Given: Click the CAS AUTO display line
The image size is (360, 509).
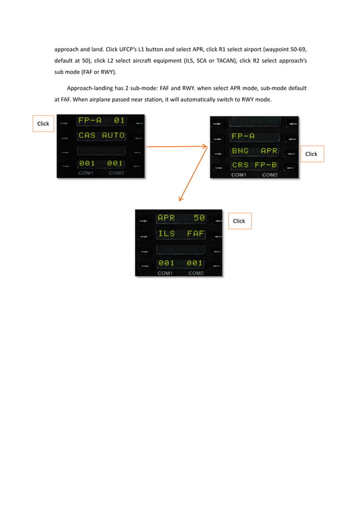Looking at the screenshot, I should point(102,136).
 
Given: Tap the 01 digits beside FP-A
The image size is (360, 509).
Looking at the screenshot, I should point(118,121).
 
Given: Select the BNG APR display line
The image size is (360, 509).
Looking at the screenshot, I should point(254,151).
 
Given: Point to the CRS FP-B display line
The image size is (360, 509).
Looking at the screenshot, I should point(254,166).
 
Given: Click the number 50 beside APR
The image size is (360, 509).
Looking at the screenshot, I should point(199,218).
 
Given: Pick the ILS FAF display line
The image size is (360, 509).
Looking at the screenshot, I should point(181,233).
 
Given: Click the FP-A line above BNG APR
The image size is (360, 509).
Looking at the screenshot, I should point(243,137).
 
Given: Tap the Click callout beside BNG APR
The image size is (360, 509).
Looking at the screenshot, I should point(311,153).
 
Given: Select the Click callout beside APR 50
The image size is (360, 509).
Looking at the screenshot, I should point(239,221).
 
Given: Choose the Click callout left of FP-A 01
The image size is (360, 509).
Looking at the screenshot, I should point(43,124).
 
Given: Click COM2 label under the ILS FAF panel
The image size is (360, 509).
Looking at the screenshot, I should point(196,273).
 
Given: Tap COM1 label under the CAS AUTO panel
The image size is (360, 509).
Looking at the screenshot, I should point(86,173).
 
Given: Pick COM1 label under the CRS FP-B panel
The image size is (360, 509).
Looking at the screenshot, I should point(239,175).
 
